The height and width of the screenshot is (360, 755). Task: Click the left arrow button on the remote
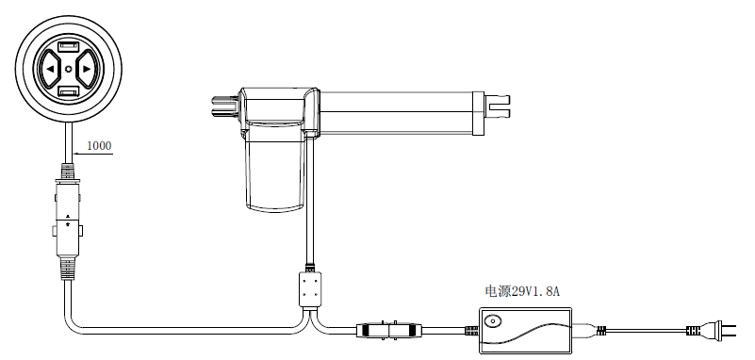[49, 69]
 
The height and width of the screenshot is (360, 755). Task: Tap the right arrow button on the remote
[87, 69]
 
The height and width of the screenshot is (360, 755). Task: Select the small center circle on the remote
[69, 69]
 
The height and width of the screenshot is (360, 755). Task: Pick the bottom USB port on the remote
[69, 91]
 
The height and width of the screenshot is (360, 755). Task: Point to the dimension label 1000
[99, 145]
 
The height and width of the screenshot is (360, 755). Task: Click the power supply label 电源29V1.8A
[522, 291]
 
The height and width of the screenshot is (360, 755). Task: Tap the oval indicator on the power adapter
[492, 320]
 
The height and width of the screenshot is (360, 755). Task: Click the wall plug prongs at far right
[729, 330]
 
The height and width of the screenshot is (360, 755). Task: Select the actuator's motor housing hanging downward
[275, 169]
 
